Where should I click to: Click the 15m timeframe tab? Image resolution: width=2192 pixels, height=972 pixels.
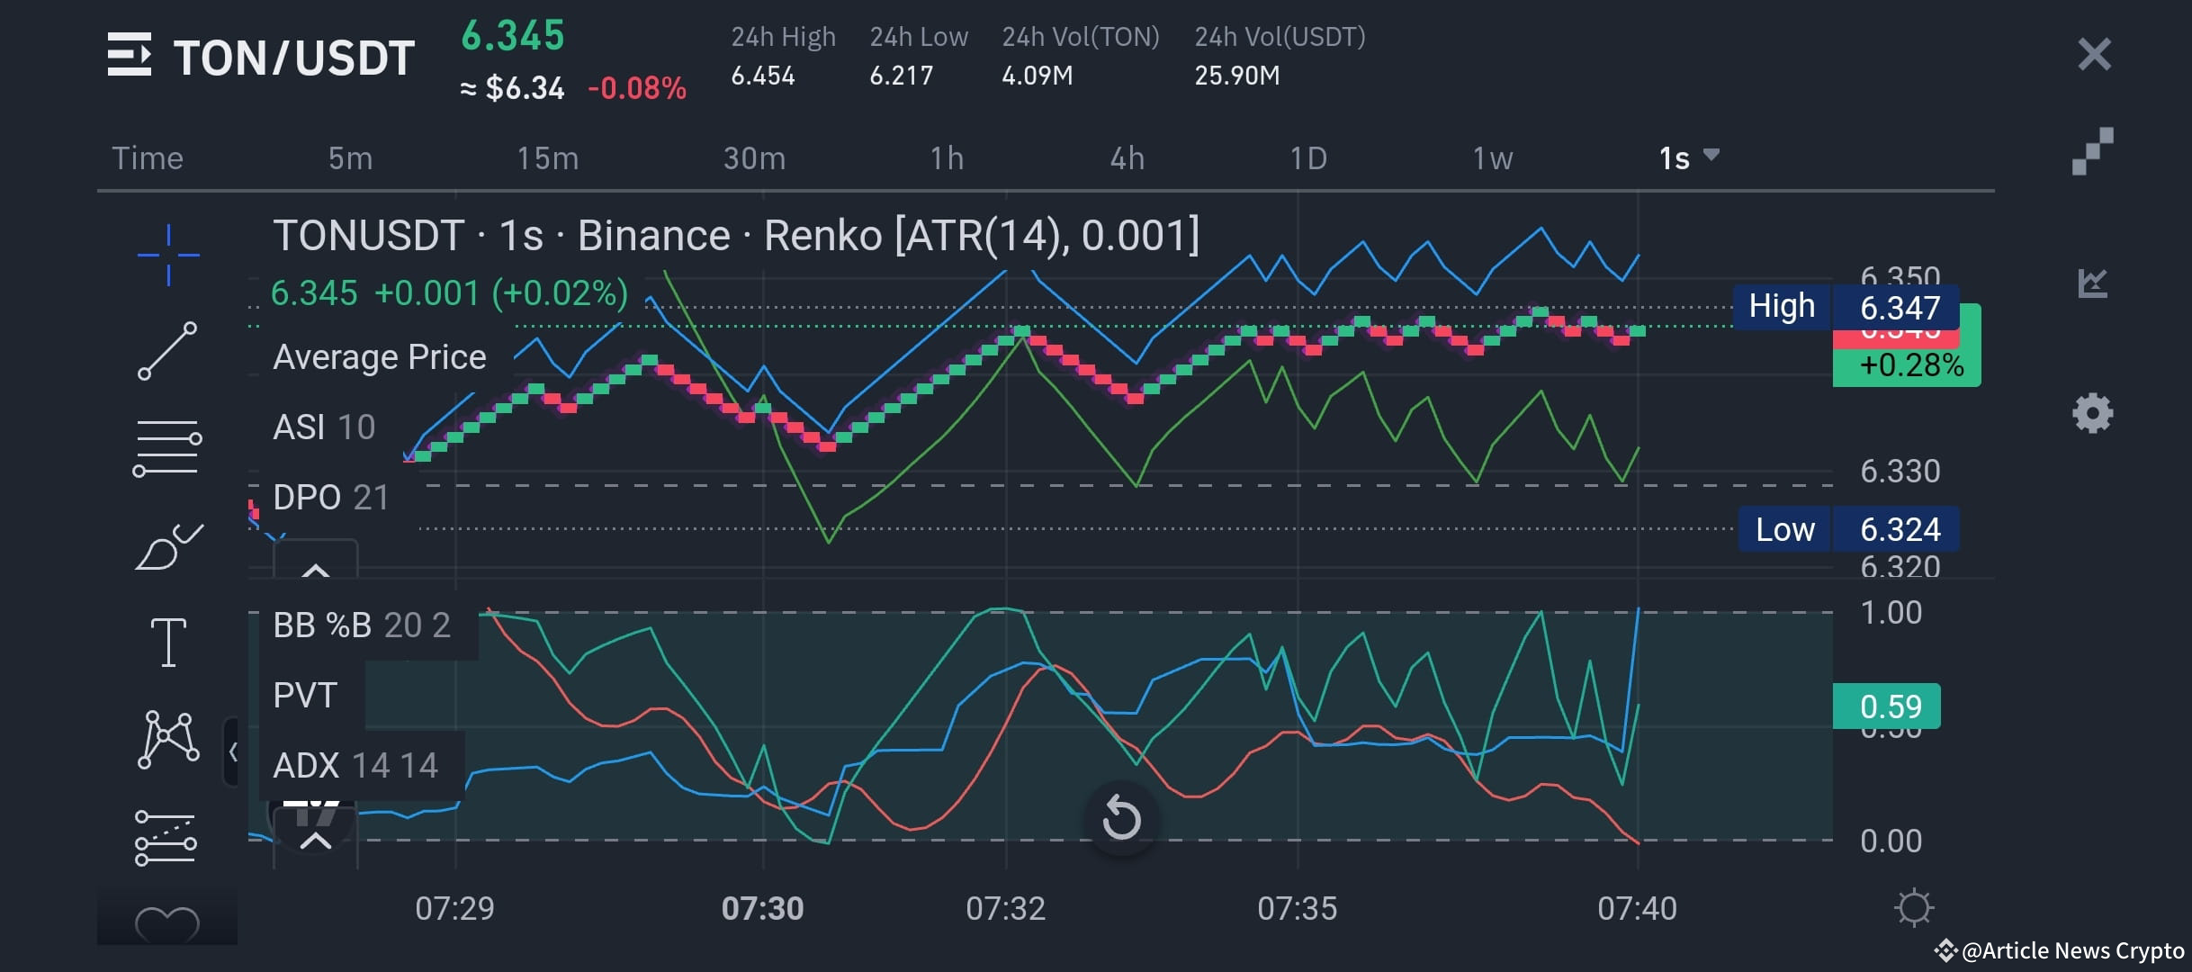547,158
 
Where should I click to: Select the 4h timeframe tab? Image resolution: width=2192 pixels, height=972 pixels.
1127,158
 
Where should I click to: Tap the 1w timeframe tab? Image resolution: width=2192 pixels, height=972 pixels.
1492,158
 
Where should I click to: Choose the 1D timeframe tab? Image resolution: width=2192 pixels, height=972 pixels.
1308,158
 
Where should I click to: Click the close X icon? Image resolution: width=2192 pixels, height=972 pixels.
2094,55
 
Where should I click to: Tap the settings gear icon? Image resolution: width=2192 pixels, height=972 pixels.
2092,414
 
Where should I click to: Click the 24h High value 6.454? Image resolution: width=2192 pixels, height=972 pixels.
763,76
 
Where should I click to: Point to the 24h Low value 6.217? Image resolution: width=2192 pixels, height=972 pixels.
901,76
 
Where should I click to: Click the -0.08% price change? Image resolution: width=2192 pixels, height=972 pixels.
636,88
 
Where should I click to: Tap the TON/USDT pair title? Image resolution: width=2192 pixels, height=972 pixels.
293,58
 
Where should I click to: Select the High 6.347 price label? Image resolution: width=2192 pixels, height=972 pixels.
1845,307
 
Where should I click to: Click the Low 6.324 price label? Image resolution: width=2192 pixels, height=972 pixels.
1848,529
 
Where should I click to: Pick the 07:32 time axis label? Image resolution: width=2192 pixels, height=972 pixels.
1005,908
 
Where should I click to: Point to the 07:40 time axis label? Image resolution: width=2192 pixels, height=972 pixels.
1637,908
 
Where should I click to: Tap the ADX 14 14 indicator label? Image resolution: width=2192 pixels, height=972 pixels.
355,766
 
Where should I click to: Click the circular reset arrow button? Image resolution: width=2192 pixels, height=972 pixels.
1121,818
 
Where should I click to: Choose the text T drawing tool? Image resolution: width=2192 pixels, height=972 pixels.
168,643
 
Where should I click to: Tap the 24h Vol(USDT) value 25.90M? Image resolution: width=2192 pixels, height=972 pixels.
1236,76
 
